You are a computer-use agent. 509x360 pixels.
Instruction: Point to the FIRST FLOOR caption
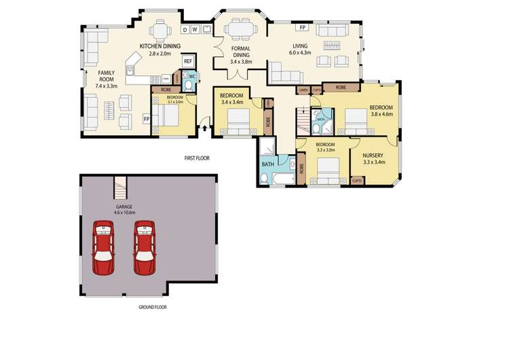[x=197, y=158]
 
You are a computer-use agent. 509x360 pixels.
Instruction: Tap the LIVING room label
[x=300, y=45]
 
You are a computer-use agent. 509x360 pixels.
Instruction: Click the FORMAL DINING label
[x=241, y=54]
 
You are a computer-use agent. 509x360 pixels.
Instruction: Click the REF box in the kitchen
[x=188, y=61]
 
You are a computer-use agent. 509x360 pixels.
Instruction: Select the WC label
[x=192, y=76]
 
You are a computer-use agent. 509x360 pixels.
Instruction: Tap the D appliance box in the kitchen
[x=185, y=29]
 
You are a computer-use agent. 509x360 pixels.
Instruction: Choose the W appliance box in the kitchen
[x=194, y=29]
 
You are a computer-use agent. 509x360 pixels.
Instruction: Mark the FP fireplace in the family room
[x=145, y=119]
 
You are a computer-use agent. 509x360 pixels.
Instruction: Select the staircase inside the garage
[x=120, y=183]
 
